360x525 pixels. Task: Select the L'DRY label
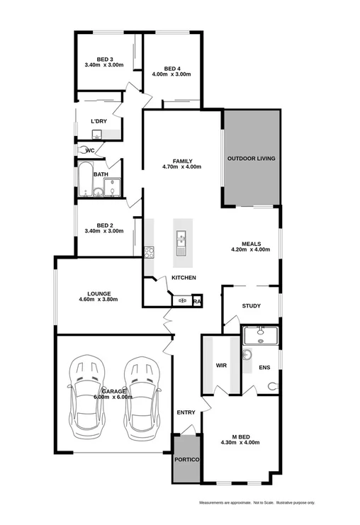click(x=99, y=121)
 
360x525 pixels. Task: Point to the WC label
click(x=90, y=150)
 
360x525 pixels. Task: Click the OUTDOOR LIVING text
click(x=251, y=158)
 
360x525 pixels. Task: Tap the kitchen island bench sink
click(x=181, y=242)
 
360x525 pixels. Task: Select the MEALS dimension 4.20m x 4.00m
click(x=251, y=249)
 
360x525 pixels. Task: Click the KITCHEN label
click(x=184, y=277)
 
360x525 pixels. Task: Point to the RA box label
click(x=197, y=300)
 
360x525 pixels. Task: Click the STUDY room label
click(x=251, y=306)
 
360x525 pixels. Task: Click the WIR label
click(x=220, y=366)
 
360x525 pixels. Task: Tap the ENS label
click(x=264, y=367)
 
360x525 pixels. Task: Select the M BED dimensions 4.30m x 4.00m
click(x=240, y=443)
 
